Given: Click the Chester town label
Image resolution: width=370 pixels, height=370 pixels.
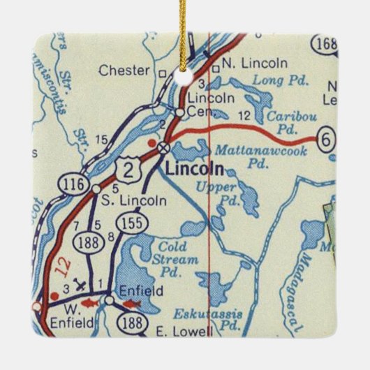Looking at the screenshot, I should pos(124,71).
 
